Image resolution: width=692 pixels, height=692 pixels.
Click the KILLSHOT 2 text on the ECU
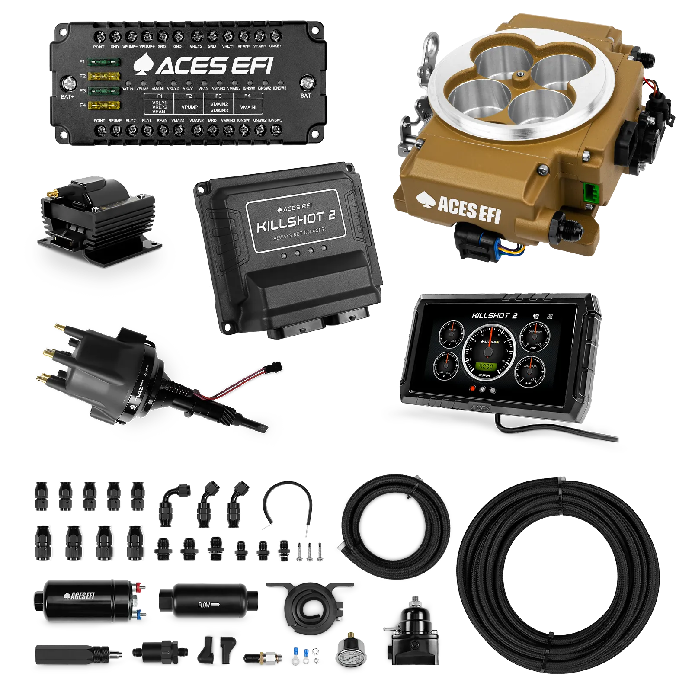296,221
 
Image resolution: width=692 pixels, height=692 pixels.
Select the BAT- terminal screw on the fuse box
307,82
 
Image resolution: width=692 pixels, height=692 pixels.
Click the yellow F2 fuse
104,76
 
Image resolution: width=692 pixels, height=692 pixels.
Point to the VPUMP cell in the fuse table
189,107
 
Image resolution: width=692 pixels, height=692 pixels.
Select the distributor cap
86,359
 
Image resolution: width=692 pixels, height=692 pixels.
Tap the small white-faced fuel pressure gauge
350,657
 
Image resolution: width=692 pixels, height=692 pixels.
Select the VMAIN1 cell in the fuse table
248,107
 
